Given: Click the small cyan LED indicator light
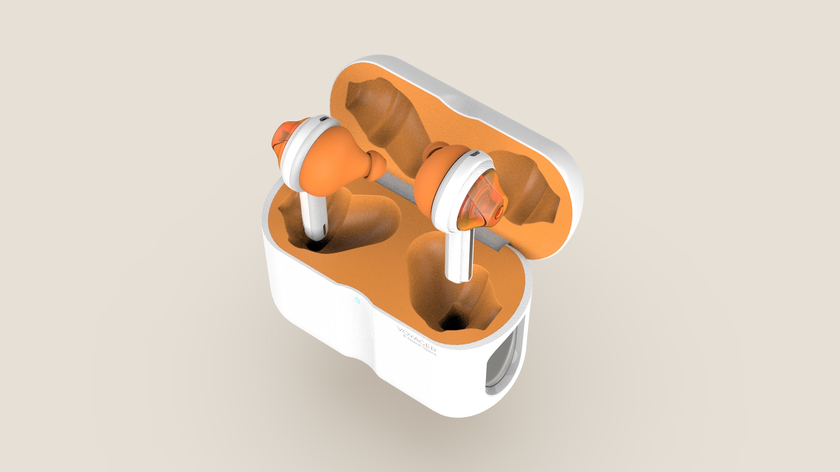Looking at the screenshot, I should point(357,300).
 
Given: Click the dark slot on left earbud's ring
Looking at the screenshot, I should point(324,118).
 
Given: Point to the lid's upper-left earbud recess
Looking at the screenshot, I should point(385,114).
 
